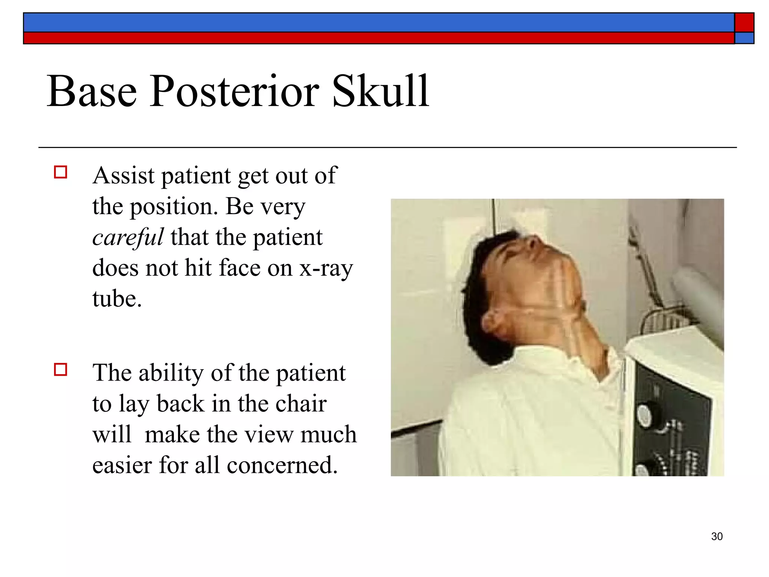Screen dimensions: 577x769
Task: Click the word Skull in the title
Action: [x=380, y=91]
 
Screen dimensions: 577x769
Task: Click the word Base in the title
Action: [x=92, y=91]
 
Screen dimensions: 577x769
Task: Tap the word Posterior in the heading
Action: [x=234, y=91]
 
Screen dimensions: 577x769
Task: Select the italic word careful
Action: [x=128, y=237]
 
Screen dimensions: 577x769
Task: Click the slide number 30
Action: [x=717, y=536]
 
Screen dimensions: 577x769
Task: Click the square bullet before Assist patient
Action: [x=60, y=172]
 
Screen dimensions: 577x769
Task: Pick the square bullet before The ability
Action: [x=60, y=370]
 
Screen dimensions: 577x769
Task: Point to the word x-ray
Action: [x=326, y=268]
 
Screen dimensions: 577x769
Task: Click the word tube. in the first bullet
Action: [x=117, y=299]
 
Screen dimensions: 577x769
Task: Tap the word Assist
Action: [x=124, y=175]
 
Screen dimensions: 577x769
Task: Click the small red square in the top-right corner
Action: [x=744, y=23]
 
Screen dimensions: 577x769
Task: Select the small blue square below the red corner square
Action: [x=744, y=38]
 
